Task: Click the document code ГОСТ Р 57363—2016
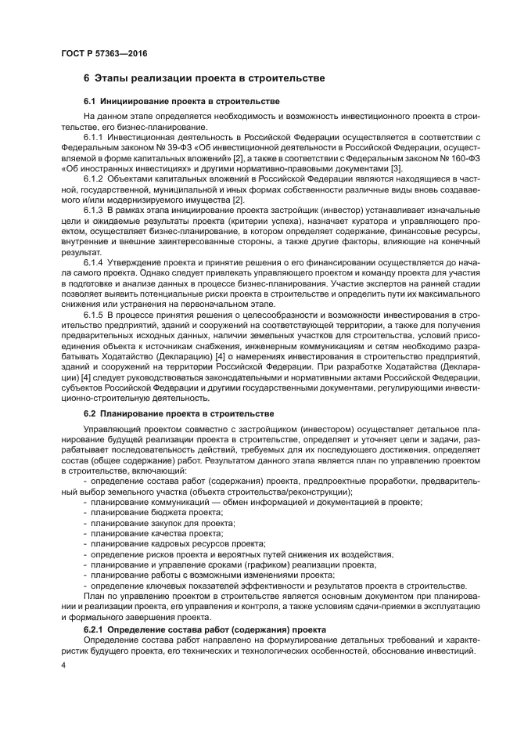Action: pyautogui.click(x=104, y=53)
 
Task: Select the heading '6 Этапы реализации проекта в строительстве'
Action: pyautogui.click(x=203, y=79)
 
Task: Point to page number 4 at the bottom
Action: pyautogui.click(x=64, y=664)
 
